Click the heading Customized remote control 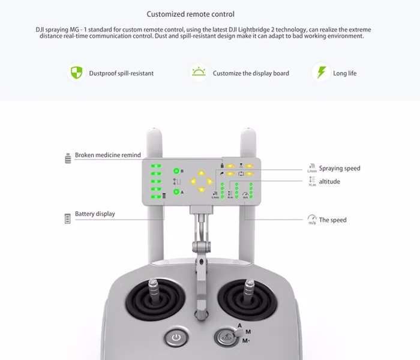click(190, 14)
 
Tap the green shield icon click(76, 73)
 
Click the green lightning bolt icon click(321, 73)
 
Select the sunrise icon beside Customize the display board click(199, 72)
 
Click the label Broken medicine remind click(107, 155)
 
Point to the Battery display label click(95, 214)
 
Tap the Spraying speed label click(340, 169)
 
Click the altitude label click(329, 182)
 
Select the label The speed click(332, 220)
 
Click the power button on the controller click(176, 337)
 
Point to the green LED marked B click(176, 171)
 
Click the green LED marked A click(176, 192)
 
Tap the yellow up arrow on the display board click(202, 173)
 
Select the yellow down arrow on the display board click(202, 190)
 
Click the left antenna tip click(154, 130)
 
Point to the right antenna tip click(248, 130)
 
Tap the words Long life click(345, 73)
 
